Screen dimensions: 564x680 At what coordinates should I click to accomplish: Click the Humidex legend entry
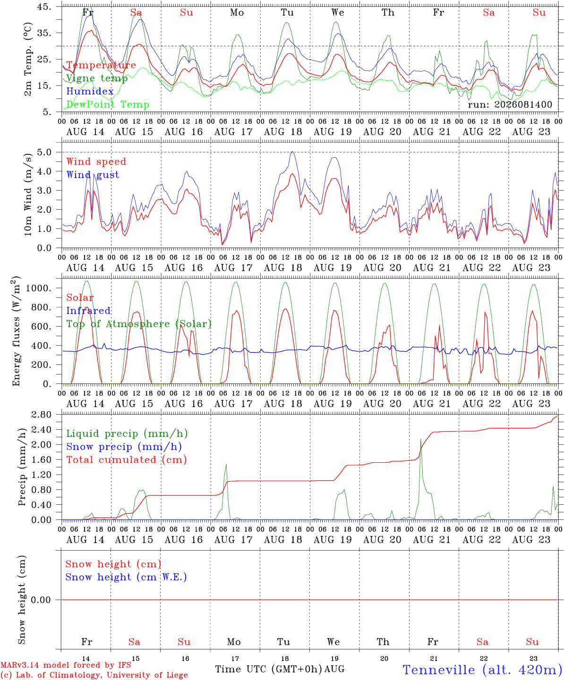pos(90,91)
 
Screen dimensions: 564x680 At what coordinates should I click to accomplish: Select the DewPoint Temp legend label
pos(108,104)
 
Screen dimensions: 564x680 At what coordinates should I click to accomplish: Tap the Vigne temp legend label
pos(97,78)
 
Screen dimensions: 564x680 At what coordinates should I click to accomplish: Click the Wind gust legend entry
pos(93,175)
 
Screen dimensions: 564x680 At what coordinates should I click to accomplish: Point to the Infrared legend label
pos(88,311)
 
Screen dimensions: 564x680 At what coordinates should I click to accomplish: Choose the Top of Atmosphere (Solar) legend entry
pos(139,324)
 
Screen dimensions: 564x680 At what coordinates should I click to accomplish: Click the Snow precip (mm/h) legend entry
pos(124,447)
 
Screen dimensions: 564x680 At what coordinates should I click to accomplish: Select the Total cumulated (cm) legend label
pos(127,460)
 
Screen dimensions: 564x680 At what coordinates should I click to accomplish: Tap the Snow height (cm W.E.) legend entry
pos(126,577)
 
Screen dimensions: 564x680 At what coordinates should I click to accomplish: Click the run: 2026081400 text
pos(510,104)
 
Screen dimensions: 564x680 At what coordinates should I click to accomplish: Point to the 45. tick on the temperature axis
pos(44,7)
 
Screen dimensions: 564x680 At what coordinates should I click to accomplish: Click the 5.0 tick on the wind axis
pos(44,152)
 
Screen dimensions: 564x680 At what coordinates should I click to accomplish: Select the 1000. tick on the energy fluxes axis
pos(38,288)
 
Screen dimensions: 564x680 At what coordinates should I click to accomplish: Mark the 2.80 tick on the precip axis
pos(42,415)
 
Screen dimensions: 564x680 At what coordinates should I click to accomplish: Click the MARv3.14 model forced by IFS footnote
pos(66,665)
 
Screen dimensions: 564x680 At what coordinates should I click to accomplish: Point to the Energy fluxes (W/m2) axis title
pos(16,331)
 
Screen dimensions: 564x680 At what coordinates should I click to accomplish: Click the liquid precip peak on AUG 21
pos(420,439)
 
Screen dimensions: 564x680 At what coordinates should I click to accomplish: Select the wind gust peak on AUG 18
pos(292,152)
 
